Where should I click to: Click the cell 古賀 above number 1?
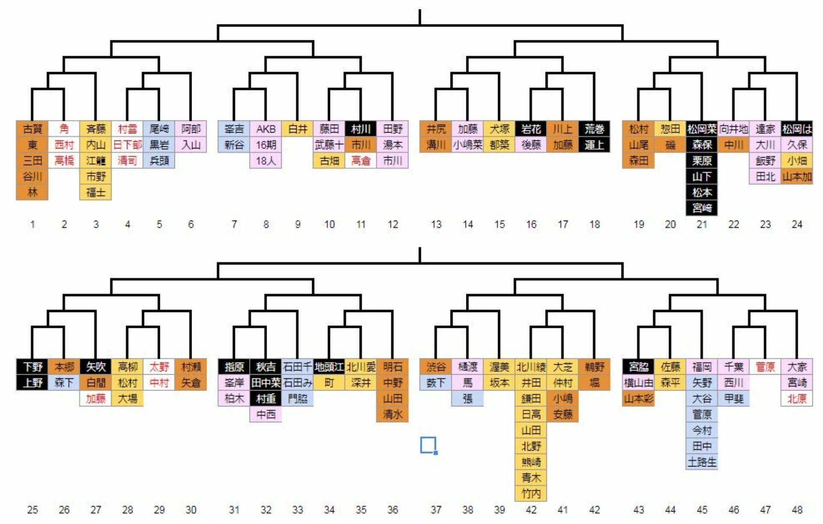[32, 129]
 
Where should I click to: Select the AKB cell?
[266, 129]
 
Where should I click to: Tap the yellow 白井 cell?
[297, 129]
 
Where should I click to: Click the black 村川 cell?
[361, 129]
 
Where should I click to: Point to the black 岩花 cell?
[531, 129]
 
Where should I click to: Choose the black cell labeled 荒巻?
[595, 129]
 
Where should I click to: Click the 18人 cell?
[266, 161]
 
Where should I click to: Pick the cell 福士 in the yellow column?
[96, 192]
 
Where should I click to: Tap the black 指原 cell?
[234, 366]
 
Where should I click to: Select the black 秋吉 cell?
[266, 366]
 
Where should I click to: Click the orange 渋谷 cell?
[436, 366]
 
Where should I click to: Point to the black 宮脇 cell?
[639, 366]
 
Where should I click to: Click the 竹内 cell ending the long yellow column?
[531, 494]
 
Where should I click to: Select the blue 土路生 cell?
[702, 462]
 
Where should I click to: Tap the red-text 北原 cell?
[797, 398]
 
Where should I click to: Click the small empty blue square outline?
[428, 445]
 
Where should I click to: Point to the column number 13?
[436, 224]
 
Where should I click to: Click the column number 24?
[797, 224]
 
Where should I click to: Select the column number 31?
[234, 509]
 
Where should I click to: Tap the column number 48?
[797, 509]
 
